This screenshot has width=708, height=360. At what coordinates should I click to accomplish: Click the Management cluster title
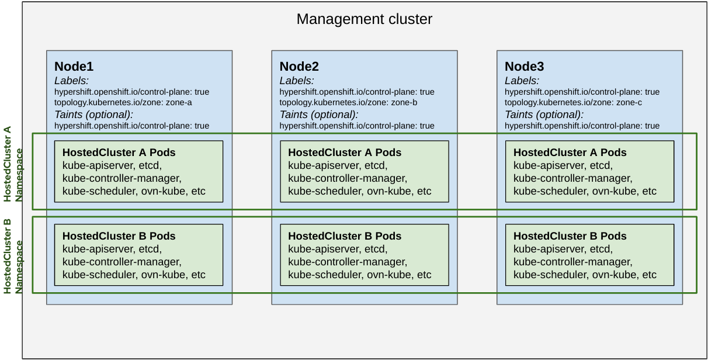click(364, 19)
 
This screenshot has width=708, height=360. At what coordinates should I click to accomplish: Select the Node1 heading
click(74, 66)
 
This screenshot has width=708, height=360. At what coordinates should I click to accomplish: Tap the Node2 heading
click(299, 66)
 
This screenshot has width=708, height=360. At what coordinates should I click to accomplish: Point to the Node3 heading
click(524, 66)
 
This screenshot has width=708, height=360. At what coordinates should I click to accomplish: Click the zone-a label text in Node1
click(123, 103)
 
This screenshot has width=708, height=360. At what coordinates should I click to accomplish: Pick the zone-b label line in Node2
click(349, 103)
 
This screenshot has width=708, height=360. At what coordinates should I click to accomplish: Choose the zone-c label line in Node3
click(574, 103)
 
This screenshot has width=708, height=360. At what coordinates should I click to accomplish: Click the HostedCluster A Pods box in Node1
click(138, 171)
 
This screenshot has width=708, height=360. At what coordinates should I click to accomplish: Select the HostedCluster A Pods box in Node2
click(364, 171)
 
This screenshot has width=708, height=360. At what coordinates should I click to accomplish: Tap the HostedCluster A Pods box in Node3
click(589, 171)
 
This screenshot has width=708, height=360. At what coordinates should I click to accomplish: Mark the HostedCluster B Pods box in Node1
click(138, 255)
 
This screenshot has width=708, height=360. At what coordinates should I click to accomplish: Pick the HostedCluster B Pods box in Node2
click(364, 255)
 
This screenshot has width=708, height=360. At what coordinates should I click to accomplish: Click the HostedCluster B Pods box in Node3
click(589, 255)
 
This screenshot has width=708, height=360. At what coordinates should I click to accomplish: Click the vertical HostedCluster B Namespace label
click(13, 256)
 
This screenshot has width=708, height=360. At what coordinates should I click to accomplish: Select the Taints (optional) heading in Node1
click(93, 115)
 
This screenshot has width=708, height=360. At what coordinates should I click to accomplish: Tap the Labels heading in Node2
click(297, 81)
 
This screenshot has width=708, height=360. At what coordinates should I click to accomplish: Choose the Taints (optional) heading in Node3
click(544, 115)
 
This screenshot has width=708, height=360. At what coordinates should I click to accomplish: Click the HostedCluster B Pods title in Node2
click(345, 237)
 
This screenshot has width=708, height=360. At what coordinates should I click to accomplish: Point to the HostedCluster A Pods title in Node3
click(570, 153)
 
